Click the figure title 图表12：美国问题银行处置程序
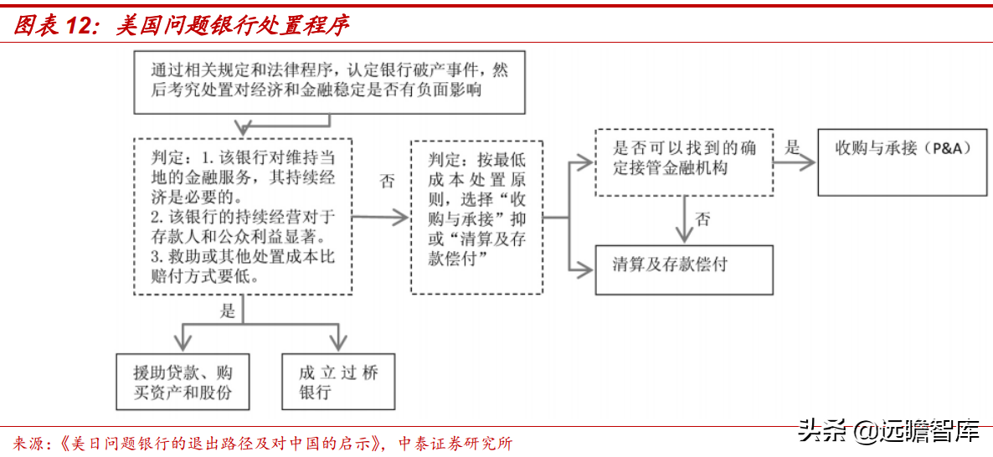(181, 25)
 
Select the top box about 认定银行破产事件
(329, 81)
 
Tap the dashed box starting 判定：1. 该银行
(242, 216)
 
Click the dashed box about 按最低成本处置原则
(476, 216)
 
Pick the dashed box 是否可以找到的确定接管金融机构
(683, 162)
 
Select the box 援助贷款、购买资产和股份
(183, 382)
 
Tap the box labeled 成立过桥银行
(338, 382)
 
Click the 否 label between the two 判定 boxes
(386, 181)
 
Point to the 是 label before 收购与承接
(792, 148)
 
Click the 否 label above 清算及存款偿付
(702, 220)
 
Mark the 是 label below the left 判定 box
(228, 311)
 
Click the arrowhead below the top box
(242, 127)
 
